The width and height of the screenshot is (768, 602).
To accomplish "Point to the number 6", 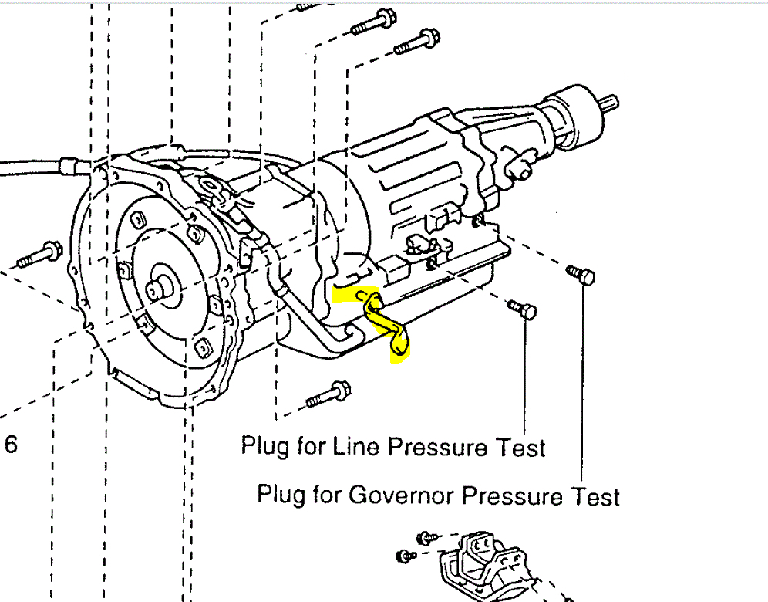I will tap(11, 445).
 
